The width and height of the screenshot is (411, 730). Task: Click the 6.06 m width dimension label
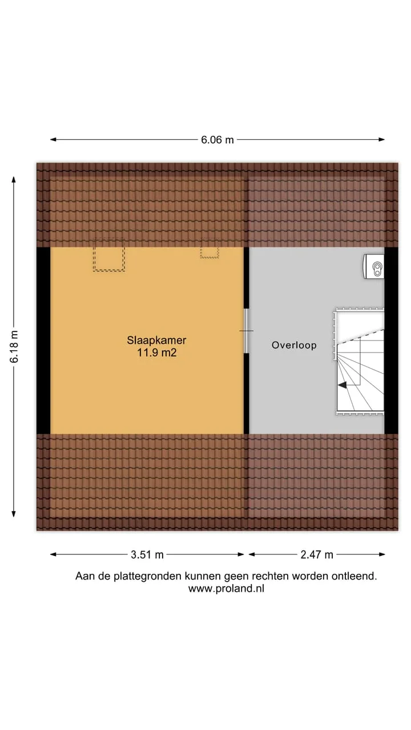[x=217, y=140]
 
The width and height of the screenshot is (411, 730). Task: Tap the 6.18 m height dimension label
[x=14, y=346]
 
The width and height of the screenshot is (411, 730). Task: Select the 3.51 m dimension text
[x=147, y=555]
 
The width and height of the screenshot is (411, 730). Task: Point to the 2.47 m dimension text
[x=317, y=555]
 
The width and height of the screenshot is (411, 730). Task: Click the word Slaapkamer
[x=156, y=340]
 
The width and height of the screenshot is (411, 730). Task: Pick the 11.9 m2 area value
[x=156, y=352]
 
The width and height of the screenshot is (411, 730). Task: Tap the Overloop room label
[x=294, y=345]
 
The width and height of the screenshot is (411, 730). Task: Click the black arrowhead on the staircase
[x=342, y=385]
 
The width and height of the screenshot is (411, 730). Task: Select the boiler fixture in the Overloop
[x=374, y=266]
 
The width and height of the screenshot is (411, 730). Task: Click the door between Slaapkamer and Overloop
[x=247, y=331]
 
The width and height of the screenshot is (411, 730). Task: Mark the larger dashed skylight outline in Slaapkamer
[x=108, y=259]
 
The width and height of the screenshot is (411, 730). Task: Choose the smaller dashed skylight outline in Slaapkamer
[x=209, y=253]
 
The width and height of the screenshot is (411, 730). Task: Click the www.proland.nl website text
[x=226, y=589]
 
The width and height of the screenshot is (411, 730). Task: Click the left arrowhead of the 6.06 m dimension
[x=53, y=140]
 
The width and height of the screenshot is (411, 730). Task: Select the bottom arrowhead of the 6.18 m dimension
[x=14, y=514]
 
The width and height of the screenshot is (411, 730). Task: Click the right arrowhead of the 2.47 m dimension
[x=382, y=554]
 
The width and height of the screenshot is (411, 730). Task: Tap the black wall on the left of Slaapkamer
[x=43, y=340]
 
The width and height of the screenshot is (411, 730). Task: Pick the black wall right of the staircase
[x=391, y=340]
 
